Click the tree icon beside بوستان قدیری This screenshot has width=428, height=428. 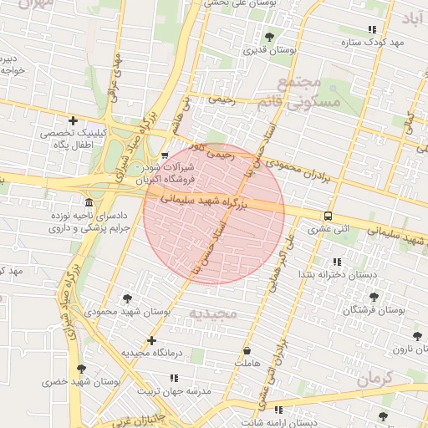click(x=269, y=36)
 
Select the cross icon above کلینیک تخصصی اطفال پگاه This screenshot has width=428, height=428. click(x=74, y=121)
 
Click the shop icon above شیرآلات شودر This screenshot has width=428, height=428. click(x=165, y=155)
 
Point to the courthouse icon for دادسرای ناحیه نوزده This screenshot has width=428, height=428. click(x=89, y=203)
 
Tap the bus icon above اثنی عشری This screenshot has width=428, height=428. click(x=328, y=214)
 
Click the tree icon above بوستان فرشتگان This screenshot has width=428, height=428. click(x=373, y=297)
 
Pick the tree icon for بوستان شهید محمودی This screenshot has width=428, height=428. click(x=128, y=298)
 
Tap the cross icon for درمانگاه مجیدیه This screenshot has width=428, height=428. click(x=151, y=340)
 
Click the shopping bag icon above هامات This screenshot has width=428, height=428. click(x=247, y=349)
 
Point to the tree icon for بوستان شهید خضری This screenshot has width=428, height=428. click(x=81, y=369)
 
